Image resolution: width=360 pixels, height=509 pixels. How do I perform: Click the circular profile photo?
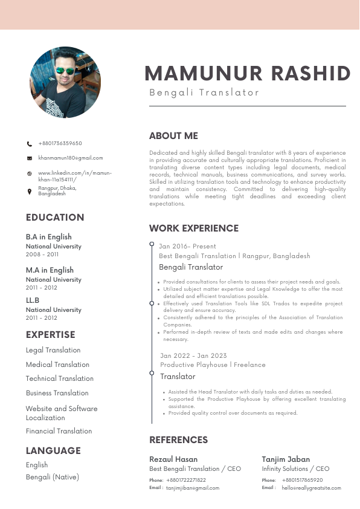click(x=65, y=82)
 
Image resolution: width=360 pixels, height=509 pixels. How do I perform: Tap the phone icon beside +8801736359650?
click(x=30, y=144)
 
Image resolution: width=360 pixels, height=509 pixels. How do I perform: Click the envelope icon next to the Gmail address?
click(x=30, y=158)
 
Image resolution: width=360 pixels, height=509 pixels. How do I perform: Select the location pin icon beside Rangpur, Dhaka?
click(x=30, y=191)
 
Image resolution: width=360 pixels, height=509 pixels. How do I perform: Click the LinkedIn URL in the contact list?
click(x=74, y=177)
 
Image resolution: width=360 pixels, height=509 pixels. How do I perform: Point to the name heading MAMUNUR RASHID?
click(x=248, y=74)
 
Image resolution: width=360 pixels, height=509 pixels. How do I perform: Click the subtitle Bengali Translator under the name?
click(x=204, y=92)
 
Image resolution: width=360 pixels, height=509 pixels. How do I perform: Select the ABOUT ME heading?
click(x=173, y=136)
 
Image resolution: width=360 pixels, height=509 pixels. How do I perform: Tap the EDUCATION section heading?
click(x=55, y=218)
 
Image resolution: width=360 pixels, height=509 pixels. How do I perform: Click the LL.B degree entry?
click(x=33, y=300)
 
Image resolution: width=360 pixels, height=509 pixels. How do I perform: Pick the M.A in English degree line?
click(x=50, y=270)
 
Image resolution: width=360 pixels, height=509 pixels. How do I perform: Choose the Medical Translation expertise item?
click(x=57, y=365)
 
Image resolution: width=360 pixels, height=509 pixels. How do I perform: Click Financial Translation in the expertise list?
click(x=59, y=431)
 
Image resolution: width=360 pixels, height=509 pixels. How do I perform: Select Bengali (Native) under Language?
click(x=52, y=477)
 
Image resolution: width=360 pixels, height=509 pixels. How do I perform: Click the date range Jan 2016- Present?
click(x=187, y=247)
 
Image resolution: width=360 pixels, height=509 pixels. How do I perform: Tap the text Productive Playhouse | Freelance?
click(x=213, y=365)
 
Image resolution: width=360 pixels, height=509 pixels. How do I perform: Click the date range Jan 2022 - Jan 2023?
click(x=193, y=355)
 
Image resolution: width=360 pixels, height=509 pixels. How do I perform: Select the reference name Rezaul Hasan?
click(x=173, y=459)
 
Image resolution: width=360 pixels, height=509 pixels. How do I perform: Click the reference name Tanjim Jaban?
click(x=286, y=459)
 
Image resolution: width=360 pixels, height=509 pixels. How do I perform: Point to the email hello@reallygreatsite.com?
click(x=311, y=488)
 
